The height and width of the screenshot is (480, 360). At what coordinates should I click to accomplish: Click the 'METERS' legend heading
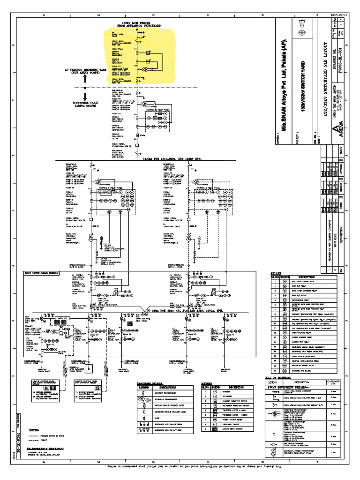click(207, 382)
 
